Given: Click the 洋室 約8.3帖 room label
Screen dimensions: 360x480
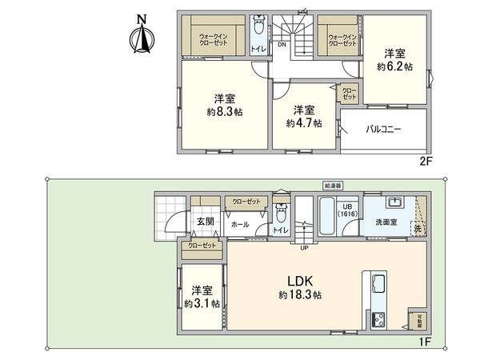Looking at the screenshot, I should (x=225, y=105).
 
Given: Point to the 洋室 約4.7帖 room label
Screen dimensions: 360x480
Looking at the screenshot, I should (x=304, y=117).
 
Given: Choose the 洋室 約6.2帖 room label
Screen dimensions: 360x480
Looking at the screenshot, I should (x=394, y=61).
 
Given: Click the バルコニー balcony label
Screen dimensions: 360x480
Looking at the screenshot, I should (x=384, y=129).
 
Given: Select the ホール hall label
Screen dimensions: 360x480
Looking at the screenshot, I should (x=239, y=225).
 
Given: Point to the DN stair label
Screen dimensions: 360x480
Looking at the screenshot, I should (x=282, y=44).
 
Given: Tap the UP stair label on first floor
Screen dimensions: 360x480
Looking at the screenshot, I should (x=304, y=246).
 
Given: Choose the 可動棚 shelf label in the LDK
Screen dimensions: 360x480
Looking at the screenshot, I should (x=418, y=322).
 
